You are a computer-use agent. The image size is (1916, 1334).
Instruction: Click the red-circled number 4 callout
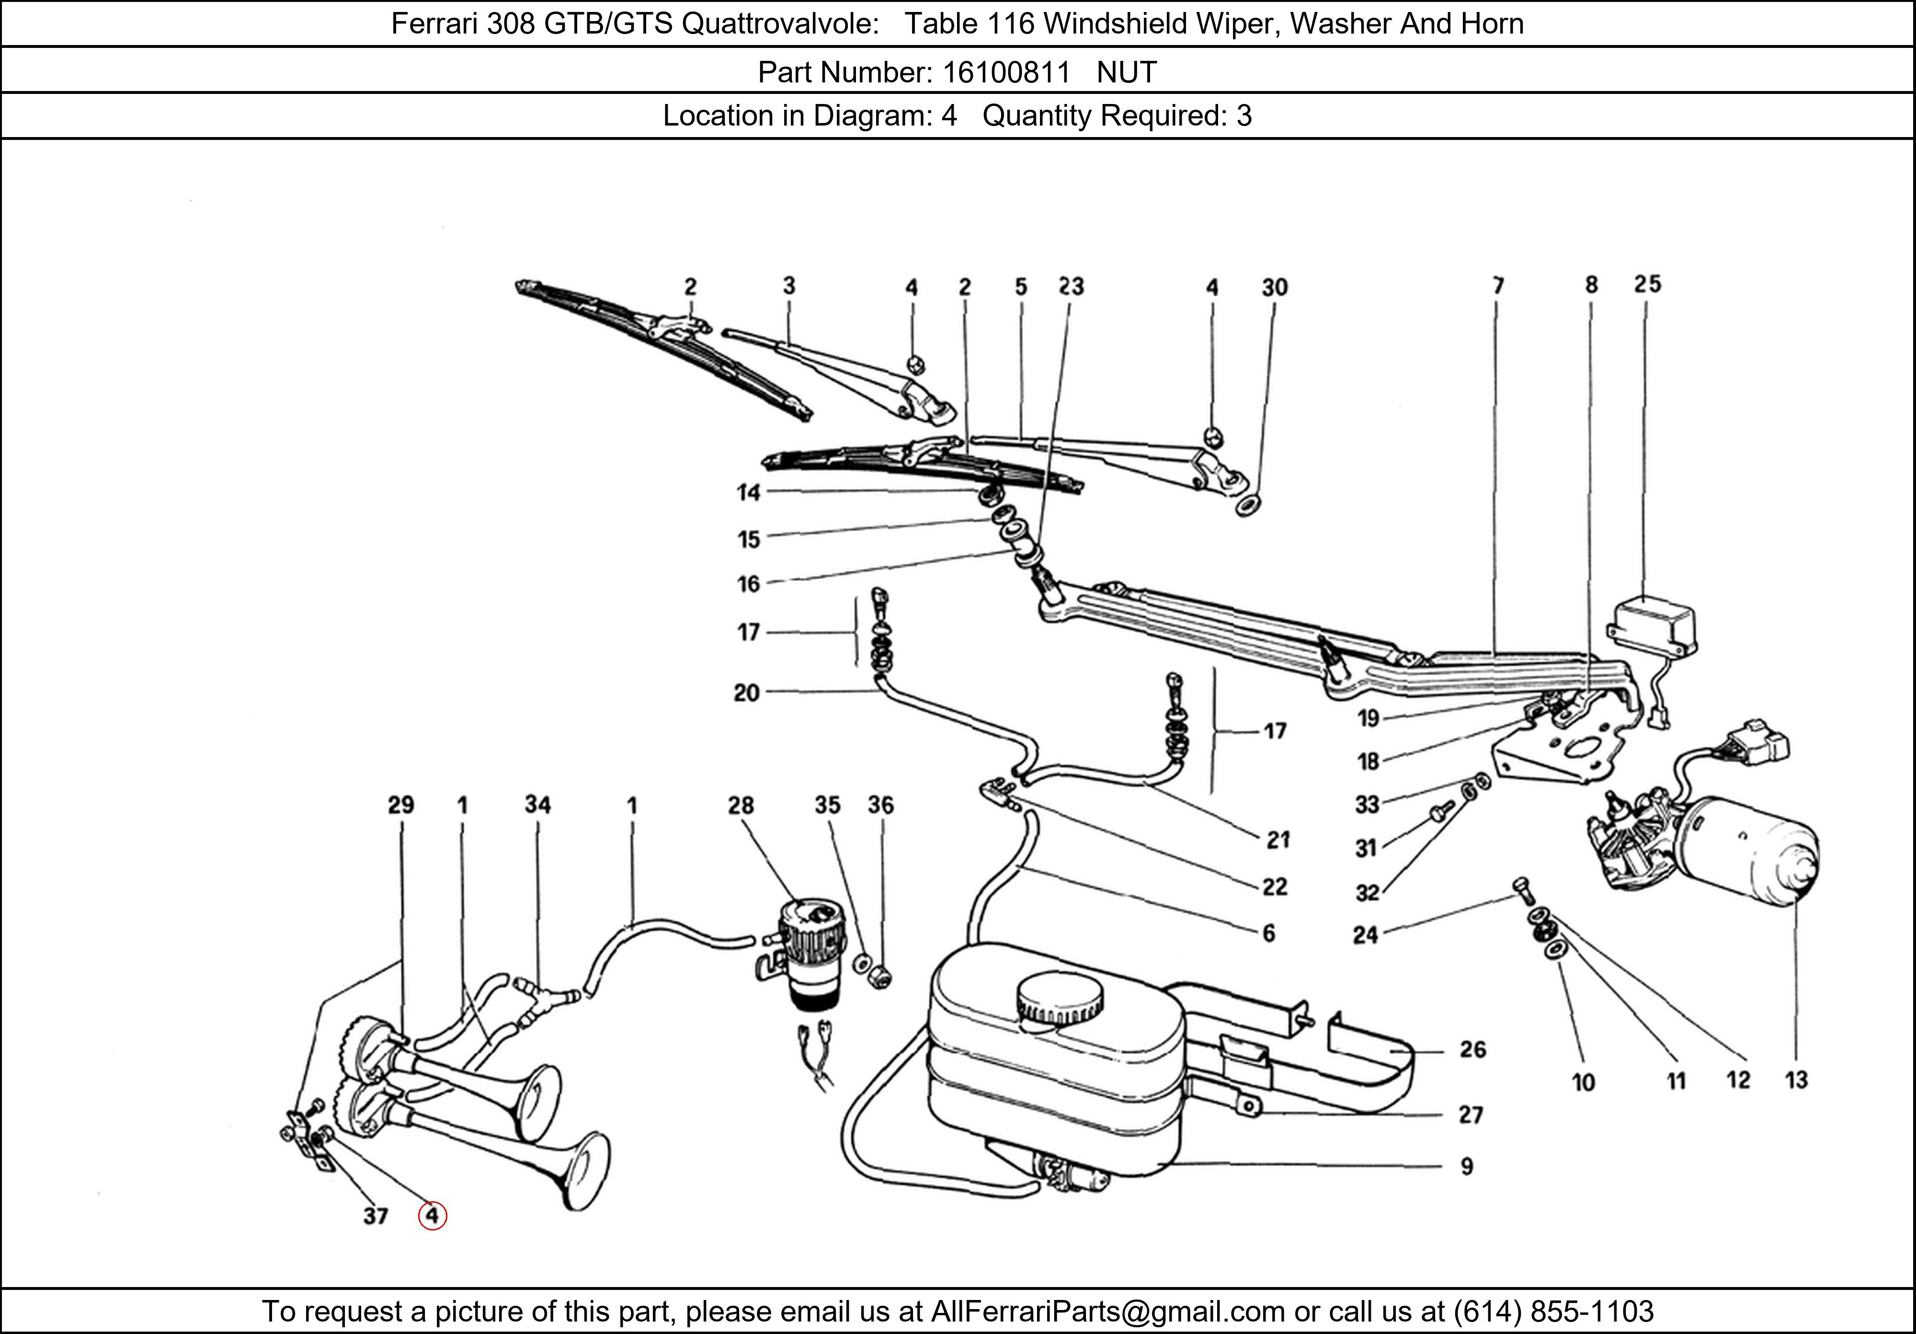(x=432, y=1216)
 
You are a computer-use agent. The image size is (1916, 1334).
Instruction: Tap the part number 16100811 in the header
(x=1005, y=73)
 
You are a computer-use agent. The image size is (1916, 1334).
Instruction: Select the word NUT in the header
(x=1127, y=73)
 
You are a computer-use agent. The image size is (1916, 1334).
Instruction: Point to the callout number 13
(x=1796, y=1080)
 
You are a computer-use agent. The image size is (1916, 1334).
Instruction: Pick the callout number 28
(x=740, y=805)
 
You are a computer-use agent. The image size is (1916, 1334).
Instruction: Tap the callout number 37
(x=376, y=1216)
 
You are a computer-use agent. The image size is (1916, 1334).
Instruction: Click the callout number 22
(x=1274, y=886)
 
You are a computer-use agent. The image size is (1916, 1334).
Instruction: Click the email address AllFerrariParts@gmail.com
(x=1107, y=1311)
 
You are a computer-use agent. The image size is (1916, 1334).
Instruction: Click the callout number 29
(x=400, y=805)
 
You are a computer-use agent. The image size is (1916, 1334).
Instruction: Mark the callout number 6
(x=1268, y=933)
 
